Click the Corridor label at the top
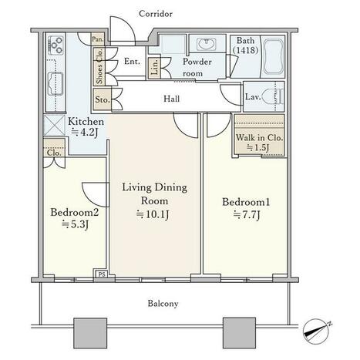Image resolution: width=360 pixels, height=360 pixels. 156,14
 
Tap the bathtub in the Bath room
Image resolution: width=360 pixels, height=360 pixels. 274,56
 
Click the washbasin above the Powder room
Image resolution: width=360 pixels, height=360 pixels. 207,44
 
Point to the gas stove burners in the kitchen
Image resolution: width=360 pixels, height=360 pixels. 56,45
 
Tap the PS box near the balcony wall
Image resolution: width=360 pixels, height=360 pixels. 102,274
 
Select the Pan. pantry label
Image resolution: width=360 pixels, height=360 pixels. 98,39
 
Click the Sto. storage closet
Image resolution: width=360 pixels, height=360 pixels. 103,99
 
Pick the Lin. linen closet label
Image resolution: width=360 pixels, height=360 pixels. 155,67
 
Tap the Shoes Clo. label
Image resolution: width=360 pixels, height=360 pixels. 99,66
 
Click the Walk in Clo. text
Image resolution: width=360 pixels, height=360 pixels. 259,137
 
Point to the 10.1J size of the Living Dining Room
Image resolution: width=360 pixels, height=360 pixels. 153,214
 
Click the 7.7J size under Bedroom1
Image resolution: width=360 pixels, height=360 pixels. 247,214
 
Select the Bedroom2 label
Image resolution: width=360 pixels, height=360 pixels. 75,213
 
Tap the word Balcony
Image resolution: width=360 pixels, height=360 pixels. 163,304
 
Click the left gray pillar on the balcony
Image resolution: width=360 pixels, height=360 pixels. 90,333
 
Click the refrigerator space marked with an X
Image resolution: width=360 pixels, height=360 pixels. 54,125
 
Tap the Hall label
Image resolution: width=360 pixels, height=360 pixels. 171,99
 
